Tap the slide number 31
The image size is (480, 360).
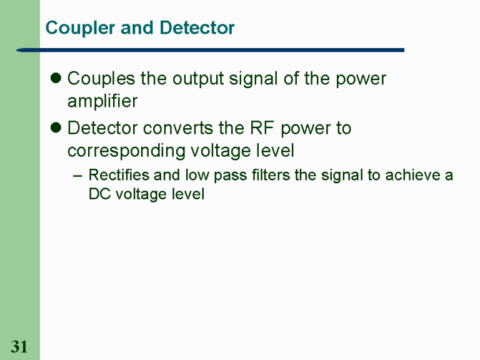point(19,347)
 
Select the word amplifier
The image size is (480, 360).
point(102,101)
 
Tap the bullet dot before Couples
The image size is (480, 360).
point(56,79)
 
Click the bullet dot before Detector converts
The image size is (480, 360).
point(56,129)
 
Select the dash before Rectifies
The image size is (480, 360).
point(77,176)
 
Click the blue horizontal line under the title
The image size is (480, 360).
point(212,49)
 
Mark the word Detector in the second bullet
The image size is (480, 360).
point(102,129)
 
